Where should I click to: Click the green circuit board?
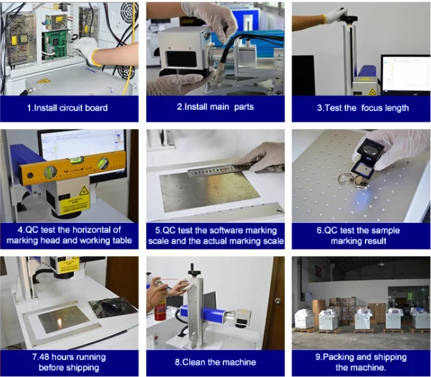[55, 45]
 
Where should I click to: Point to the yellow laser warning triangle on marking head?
[84, 191]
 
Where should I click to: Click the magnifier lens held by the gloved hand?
[370, 150]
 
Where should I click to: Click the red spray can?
[160, 309]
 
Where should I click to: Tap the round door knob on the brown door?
[278, 300]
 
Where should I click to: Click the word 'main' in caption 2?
[219, 107]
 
